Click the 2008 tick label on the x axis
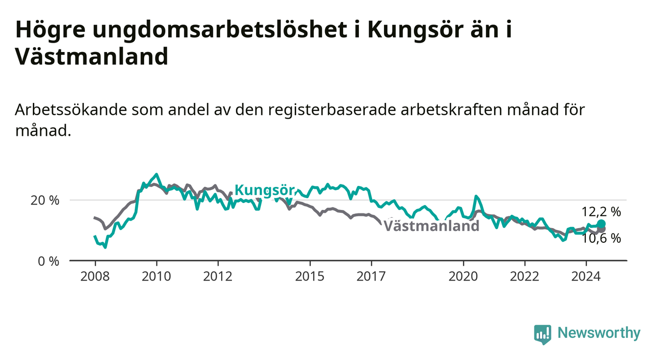[x=95, y=277]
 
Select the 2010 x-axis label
[x=156, y=277]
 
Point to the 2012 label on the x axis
[x=218, y=277]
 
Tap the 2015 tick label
[x=310, y=277]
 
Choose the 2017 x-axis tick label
[x=371, y=277]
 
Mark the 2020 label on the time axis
[x=463, y=277]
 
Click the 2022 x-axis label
[x=525, y=277]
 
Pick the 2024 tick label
[x=586, y=277]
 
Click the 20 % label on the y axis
[x=45, y=201]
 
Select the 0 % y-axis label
[x=49, y=261]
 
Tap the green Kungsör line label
[x=265, y=190]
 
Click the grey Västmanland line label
[x=431, y=226]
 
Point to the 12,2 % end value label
[x=601, y=212]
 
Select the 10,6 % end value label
[x=601, y=238]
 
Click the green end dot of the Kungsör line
[x=601, y=224]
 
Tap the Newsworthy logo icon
[x=542, y=334]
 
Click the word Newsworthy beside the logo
[x=599, y=333]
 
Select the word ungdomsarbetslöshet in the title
[x=220, y=30]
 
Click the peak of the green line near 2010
[x=156, y=174]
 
